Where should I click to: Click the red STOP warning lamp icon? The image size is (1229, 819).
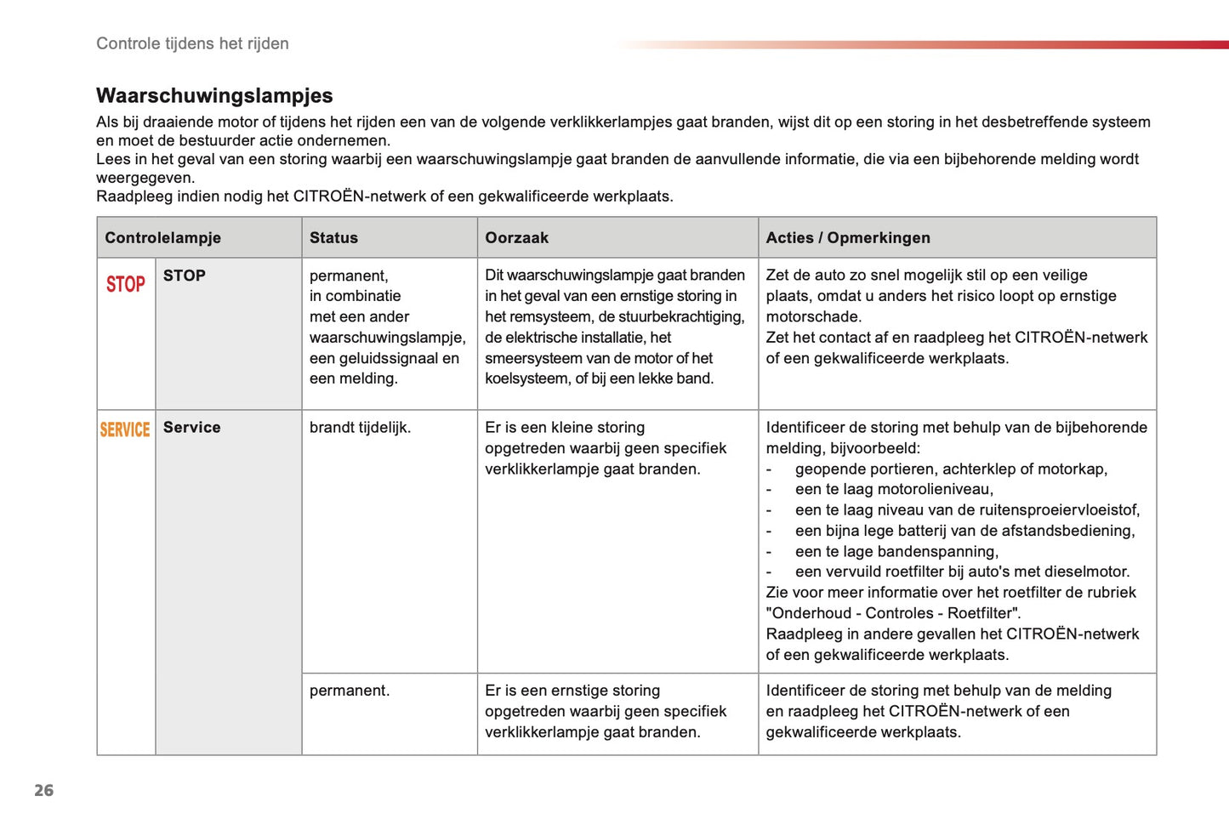tap(125, 284)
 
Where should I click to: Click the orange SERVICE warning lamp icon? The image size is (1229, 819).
tap(125, 429)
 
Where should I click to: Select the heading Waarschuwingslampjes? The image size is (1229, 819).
tap(214, 95)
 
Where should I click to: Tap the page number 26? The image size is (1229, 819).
tap(43, 790)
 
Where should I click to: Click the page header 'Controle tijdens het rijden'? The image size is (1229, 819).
tap(192, 43)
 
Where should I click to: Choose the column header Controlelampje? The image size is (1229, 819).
tap(162, 238)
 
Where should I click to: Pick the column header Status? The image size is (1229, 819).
tap(333, 238)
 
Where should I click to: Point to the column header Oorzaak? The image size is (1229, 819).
tap(516, 238)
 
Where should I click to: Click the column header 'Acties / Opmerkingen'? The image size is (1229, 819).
tap(847, 238)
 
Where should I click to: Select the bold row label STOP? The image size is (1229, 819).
tap(184, 276)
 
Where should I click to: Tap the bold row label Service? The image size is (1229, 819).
tap(191, 427)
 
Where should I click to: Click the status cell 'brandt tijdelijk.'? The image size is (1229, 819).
tap(360, 427)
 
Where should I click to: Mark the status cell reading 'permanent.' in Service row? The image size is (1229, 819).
tap(349, 691)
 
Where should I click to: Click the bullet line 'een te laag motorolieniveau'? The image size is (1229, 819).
tap(893, 489)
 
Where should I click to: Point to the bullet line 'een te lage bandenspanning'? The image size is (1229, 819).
tap(896, 551)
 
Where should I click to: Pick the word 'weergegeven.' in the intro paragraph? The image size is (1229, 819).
tap(145, 178)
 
